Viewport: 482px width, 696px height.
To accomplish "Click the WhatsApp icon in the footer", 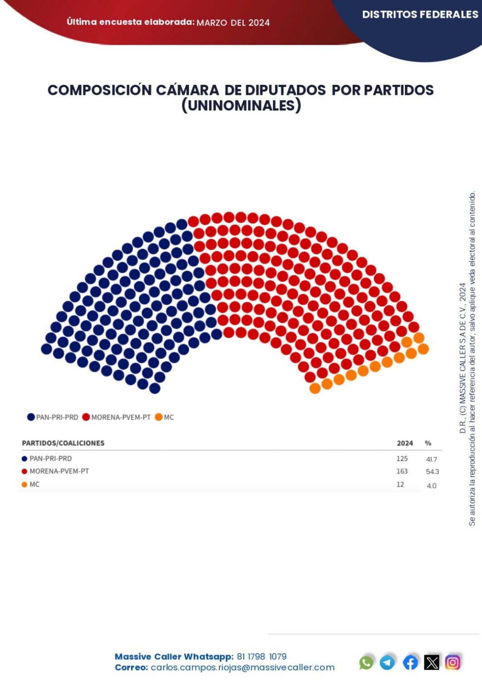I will coord(366,662).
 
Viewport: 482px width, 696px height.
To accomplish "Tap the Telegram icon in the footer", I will coord(387,662).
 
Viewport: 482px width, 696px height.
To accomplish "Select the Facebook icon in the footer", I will coord(410,662).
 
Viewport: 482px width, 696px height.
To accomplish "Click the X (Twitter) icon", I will coord(432,662).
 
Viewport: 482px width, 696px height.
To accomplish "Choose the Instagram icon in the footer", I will coord(453,662).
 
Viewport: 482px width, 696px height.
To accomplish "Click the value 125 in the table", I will coord(402,459).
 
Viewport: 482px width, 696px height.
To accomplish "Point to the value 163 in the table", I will coord(402,471).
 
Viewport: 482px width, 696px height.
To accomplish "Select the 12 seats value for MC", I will coord(400,484).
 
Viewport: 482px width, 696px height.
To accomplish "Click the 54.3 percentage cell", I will coord(432,472).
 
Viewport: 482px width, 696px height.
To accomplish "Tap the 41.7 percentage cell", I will coord(432,459).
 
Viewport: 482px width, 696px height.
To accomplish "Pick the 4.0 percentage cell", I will coord(431,486).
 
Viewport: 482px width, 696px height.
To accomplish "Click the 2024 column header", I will coord(404,443).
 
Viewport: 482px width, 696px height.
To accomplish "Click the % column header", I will coord(428,443).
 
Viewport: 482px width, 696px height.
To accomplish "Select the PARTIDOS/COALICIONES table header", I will coord(63,443).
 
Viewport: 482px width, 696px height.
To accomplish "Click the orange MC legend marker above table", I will coord(159,417).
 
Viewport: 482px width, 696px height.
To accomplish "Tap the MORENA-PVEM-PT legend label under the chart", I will coord(121,417).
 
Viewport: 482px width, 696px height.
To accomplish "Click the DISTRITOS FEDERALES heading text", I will coord(420,14).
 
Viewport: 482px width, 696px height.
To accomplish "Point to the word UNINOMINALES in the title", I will coord(241,106).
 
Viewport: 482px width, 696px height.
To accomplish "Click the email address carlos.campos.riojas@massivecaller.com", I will coord(243,667).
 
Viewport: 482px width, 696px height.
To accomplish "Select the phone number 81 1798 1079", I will coord(262,657).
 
